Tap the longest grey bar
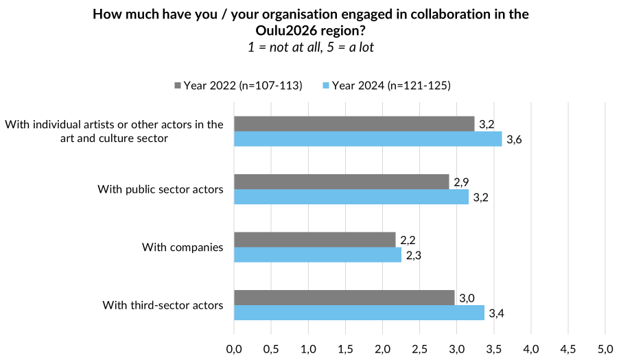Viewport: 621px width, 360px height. (x=354, y=123)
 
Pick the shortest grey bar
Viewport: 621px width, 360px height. (x=315, y=239)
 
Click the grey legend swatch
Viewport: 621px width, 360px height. (x=178, y=86)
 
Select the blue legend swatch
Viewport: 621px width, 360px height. (x=326, y=86)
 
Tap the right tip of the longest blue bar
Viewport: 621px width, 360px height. (x=502, y=139)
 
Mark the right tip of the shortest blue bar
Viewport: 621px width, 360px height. (x=401, y=254)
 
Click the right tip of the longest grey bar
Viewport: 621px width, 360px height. (x=475, y=123)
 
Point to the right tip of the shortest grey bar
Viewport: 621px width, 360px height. (x=396, y=239)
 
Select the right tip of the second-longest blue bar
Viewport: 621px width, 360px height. (x=484, y=313)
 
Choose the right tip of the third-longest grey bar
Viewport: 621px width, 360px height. (x=449, y=182)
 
